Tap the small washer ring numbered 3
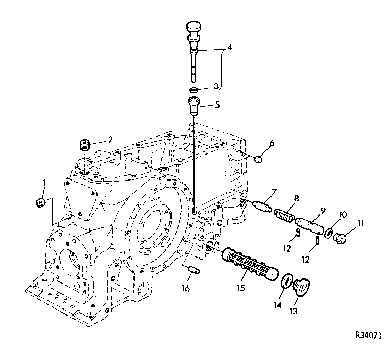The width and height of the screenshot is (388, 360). [x=194, y=90]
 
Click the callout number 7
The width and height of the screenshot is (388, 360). [x=274, y=192]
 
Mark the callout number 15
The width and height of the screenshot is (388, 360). [x=241, y=288]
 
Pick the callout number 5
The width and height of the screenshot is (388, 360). [x=217, y=106]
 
